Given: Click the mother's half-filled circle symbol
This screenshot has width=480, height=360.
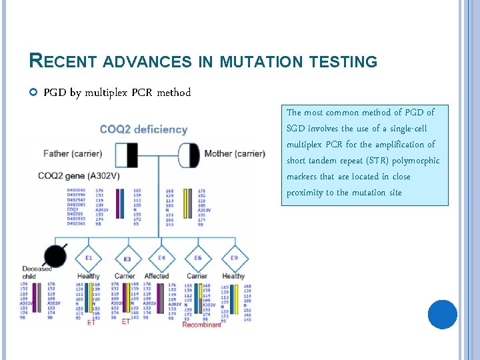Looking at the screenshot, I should point(189,155).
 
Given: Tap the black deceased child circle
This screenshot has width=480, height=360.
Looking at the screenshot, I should point(55,255).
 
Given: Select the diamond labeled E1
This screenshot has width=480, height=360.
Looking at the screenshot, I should point(88,258).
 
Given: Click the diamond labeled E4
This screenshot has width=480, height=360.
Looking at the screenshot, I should point(161,258).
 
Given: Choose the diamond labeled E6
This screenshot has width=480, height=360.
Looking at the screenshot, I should point(197,258).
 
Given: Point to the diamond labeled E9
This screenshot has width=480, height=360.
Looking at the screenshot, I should point(233,258).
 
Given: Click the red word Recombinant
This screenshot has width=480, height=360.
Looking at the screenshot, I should point(201,325).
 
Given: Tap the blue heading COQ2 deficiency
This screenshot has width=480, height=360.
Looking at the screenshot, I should point(143,129).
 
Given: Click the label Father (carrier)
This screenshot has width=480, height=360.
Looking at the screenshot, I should point(73,153).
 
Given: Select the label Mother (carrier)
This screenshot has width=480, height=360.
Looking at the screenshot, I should point(235,153).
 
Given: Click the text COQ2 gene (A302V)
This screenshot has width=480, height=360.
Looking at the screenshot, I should point(77,175).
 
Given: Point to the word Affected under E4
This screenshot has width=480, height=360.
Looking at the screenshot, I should point(157,276).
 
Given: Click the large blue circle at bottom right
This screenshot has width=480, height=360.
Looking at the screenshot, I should point(442,314).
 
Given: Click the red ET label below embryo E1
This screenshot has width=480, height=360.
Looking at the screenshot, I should point(91,322).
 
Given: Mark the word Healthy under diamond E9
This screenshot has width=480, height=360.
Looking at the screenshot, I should point(233,276).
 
